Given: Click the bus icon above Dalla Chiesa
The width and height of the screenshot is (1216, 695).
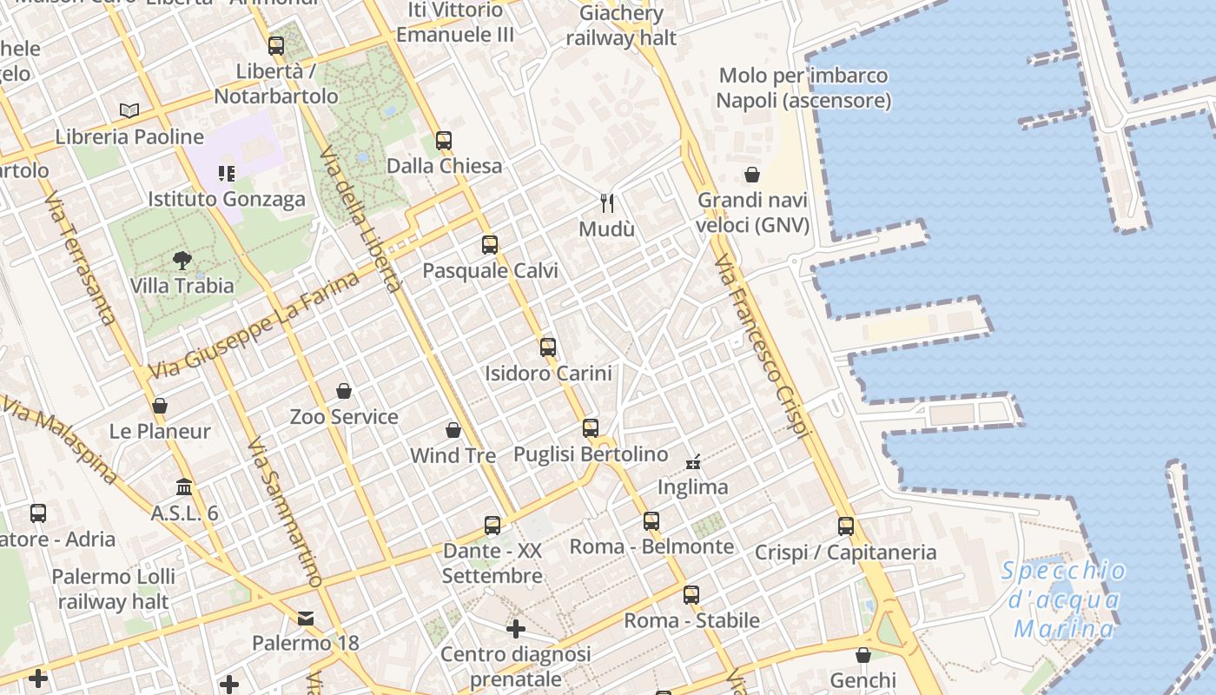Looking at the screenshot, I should point(444,140).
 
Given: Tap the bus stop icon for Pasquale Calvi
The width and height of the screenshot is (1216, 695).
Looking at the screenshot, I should point(490,244).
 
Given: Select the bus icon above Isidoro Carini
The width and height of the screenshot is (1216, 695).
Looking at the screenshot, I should point(548,347).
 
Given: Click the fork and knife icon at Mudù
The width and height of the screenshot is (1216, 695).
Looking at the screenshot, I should point(608,203).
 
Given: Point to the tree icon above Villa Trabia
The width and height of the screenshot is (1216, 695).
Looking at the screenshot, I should point(182,259).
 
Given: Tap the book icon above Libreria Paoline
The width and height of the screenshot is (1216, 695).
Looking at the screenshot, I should point(129,110).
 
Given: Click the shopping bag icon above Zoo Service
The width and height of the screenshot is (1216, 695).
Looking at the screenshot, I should point(344,391).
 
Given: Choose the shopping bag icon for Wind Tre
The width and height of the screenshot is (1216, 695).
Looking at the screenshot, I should point(453,430).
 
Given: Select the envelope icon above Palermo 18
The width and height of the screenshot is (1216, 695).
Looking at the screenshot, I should point(306,618).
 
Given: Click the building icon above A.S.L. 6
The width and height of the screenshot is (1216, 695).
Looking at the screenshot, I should point(184,486).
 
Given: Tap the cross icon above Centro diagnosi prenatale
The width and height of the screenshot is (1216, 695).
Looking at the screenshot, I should point(516,628).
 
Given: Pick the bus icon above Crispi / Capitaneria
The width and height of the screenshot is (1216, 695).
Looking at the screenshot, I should point(846,526).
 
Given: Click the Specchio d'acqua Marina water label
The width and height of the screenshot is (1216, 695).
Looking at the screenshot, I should point(1064,599).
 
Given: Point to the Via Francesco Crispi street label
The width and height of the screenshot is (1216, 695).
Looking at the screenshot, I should point(763,347).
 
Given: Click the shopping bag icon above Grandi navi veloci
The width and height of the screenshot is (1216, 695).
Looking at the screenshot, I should point(752,175).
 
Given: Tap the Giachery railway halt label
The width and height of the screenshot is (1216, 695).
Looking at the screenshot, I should point(621,25).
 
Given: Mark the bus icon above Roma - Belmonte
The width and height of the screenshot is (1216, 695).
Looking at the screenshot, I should point(651,521).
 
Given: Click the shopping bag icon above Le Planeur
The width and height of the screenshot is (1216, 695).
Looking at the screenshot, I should point(160,406).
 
